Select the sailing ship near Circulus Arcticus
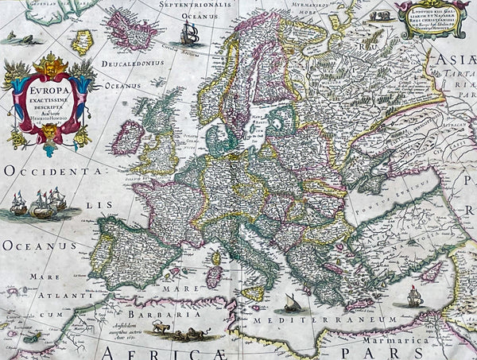[190, 33]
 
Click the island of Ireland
[128, 137]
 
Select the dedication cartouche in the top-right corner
[430, 19]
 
